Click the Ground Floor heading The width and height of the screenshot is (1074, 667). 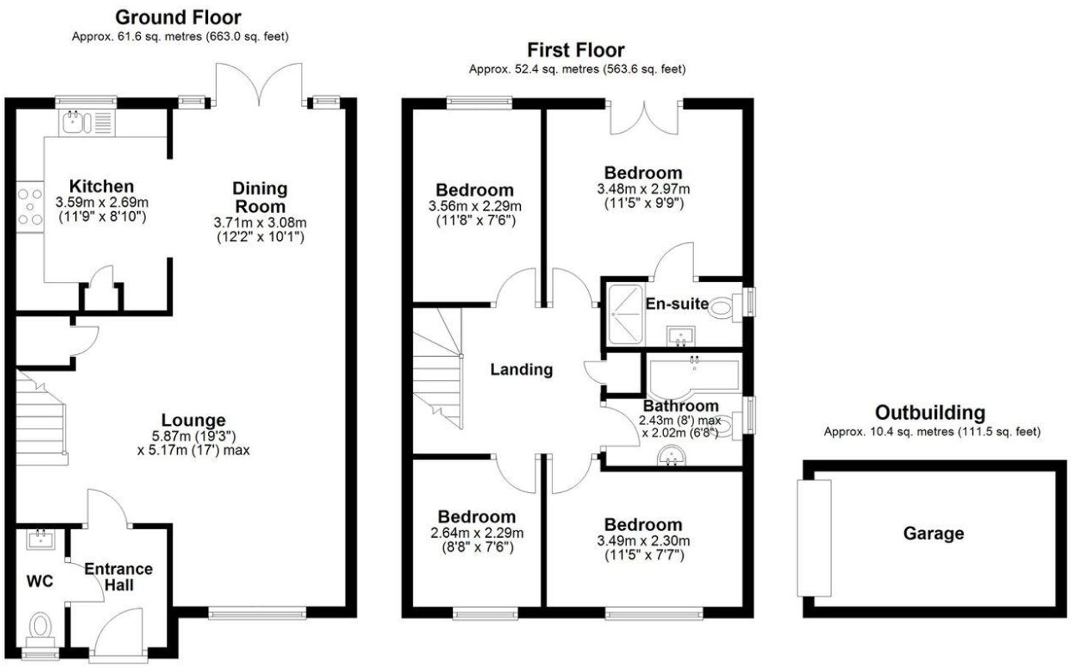(x=179, y=17)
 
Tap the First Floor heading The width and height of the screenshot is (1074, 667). (x=575, y=50)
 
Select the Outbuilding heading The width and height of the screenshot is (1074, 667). (x=929, y=412)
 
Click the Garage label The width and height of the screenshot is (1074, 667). (x=933, y=533)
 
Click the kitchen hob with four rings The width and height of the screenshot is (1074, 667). (x=30, y=207)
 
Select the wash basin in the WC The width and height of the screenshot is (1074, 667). (x=40, y=539)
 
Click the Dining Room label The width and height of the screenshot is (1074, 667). (x=260, y=198)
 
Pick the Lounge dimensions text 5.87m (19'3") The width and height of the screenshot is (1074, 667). (x=194, y=435)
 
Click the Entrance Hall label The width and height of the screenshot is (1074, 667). (x=118, y=577)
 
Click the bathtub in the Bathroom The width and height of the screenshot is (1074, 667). (x=693, y=376)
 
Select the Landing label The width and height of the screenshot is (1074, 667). (x=521, y=370)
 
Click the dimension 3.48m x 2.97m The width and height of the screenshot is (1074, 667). (x=642, y=189)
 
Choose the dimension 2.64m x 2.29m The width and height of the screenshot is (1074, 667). (x=477, y=533)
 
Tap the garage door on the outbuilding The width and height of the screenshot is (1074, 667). (x=814, y=538)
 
